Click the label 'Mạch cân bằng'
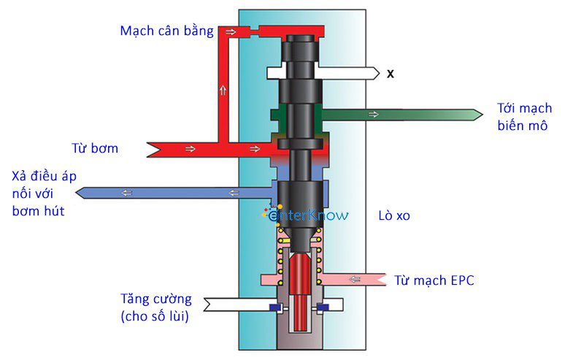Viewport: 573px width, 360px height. click(x=166, y=31)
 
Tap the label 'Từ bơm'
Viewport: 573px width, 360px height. click(x=95, y=148)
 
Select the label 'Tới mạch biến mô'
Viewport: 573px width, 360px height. click(x=523, y=116)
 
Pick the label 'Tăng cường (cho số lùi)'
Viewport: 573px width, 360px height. click(x=156, y=307)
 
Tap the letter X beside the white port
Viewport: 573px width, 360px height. click(x=391, y=74)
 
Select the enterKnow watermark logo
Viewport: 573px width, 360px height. click(x=307, y=215)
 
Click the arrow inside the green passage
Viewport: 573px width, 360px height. click(x=374, y=114)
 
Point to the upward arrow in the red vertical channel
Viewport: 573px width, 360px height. click(x=223, y=91)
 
